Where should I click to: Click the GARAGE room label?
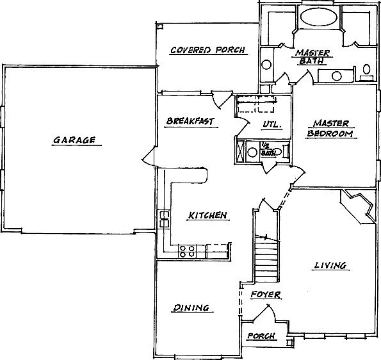click(74, 140)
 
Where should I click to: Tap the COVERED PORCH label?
click(207, 50)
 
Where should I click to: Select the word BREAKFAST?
click(191, 121)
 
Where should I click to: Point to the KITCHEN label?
click(207, 215)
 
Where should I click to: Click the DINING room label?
click(191, 307)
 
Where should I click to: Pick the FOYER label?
click(266, 295)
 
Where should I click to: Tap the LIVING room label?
click(330, 265)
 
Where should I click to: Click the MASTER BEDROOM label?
click(330, 128)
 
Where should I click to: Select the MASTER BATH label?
click(312, 57)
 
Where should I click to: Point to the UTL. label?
click(272, 124)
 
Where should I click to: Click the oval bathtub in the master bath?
click(319, 17)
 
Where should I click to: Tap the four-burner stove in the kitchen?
click(186, 251)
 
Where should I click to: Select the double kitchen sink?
click(165, 219)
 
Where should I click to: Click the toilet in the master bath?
click(366, 72)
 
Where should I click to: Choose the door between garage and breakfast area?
click(149, 158)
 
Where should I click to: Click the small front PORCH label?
click(261, 336)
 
